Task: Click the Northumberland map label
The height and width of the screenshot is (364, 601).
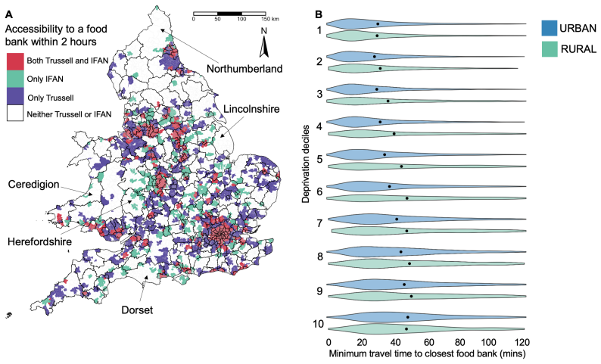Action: point(244,69)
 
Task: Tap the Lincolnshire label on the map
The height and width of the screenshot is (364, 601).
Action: point(251,109)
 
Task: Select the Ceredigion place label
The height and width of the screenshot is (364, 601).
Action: point(34,185)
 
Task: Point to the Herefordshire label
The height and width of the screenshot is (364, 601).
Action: point(39,242)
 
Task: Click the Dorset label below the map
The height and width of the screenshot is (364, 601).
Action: point(137,310)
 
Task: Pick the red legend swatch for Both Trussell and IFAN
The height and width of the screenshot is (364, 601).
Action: point(15,61)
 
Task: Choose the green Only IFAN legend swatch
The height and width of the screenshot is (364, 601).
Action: point(15,79)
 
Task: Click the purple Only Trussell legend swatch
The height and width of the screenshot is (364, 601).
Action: point(15,96)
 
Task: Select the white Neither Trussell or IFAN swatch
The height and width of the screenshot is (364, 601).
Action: point(15,114)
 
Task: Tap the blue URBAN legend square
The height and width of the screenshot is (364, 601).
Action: point(550,28)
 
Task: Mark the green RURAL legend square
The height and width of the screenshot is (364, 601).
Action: point(550,49)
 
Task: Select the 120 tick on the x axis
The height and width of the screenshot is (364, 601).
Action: point(522,342)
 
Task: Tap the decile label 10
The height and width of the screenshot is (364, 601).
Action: point(318,324)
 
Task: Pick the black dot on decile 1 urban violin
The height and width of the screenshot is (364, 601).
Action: point(378,23)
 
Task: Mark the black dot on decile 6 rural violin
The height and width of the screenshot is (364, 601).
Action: point(407,198)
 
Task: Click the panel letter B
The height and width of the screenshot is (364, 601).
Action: point(319,14)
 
